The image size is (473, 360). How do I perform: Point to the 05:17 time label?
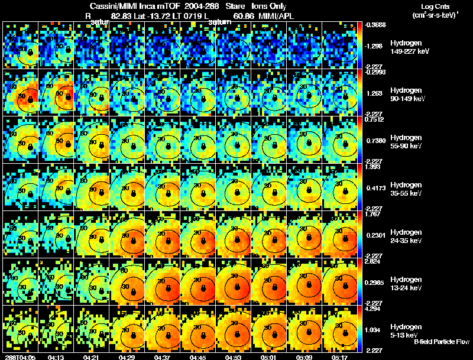[340, 357]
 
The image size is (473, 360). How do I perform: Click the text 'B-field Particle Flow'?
[441, 342]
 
